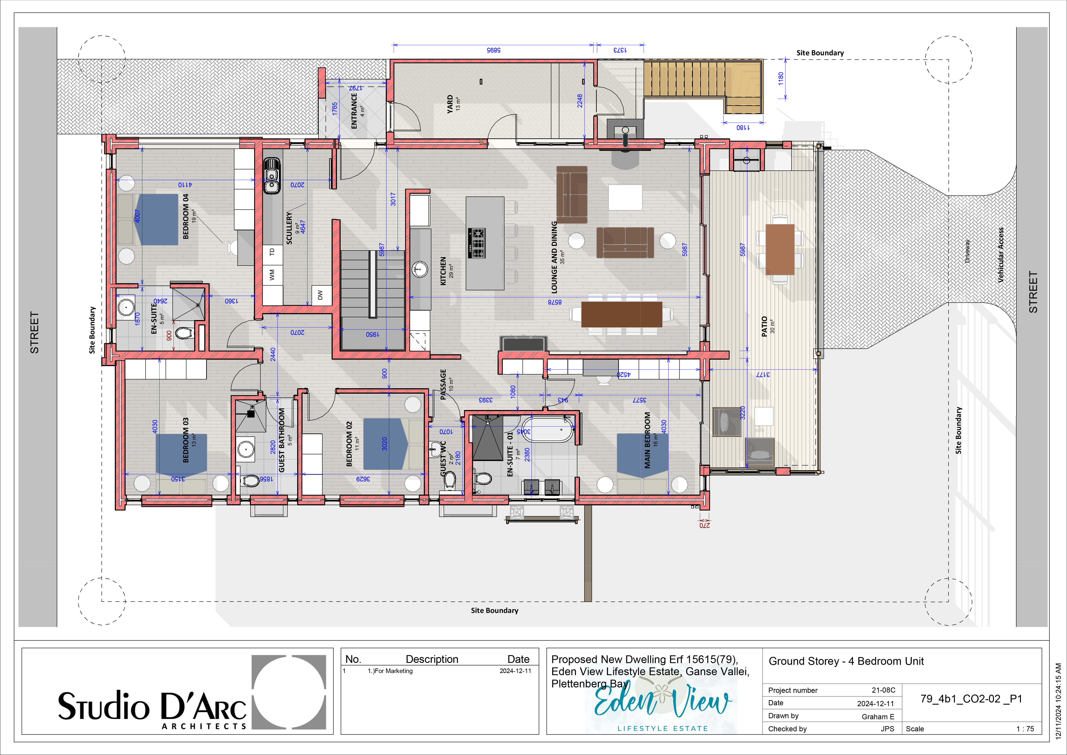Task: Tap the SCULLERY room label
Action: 289,228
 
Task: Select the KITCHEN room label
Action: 443,271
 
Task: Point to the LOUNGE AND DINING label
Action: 554,257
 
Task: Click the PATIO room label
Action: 764,326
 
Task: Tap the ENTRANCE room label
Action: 354,111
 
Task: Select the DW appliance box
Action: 321,295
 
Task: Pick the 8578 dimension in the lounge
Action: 554,302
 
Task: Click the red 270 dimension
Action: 704,525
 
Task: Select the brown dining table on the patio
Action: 780,249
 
